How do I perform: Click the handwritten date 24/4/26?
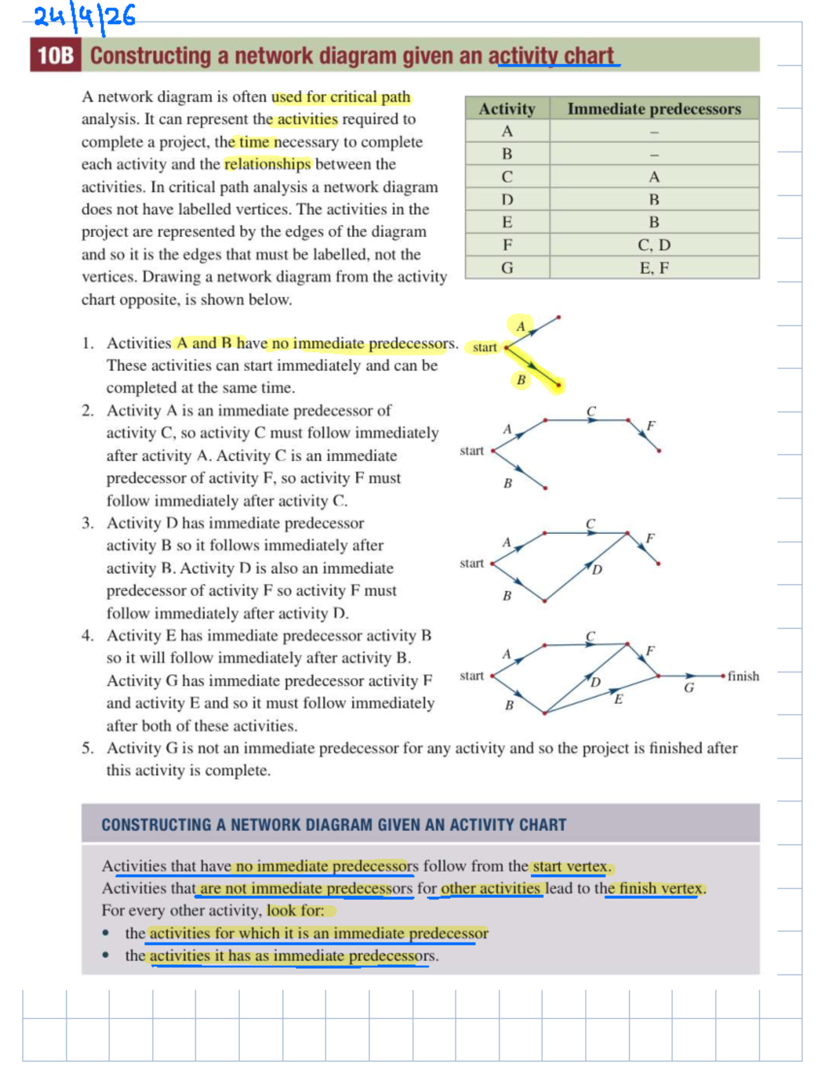point(85,17)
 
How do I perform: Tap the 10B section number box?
point(55,56)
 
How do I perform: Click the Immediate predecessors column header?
point(654,109)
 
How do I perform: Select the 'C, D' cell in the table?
point(654,245)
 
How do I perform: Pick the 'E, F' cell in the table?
point(654,268)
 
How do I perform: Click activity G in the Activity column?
point(507,268)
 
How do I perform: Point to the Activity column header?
point(507,109)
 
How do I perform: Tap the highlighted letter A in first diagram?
point(520,326)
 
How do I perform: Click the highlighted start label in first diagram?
point(484,347)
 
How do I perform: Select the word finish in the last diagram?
point(743,676)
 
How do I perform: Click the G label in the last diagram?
point(689,688)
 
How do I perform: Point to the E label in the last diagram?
point(618,699)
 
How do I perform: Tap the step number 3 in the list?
point(87,523)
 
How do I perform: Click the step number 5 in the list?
point(87,748)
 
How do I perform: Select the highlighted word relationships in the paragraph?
point(267,164)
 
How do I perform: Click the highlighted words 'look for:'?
point(296,911)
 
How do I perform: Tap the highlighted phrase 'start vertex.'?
point(571,866)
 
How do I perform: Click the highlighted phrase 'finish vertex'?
point(661,889)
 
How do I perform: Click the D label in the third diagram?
point(597,570)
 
